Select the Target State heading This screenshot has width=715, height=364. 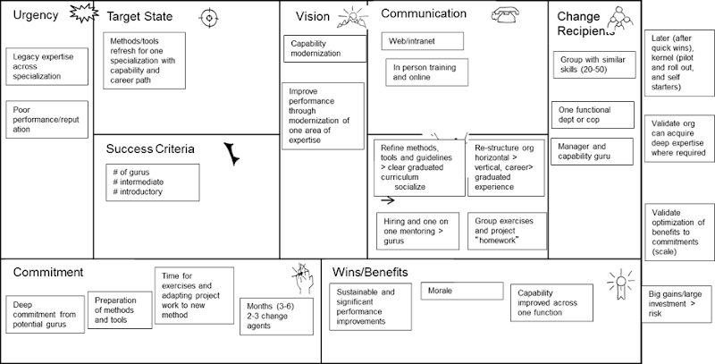click(x=140, y=17)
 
